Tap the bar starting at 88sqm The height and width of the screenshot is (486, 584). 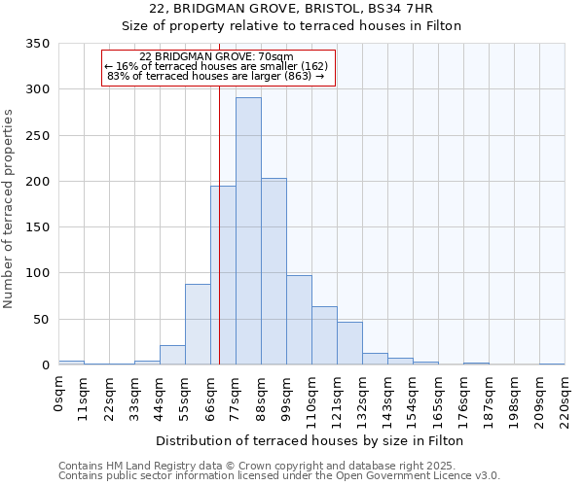[x=274, y=271]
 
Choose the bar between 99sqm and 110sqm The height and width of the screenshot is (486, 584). [x=299, y=320]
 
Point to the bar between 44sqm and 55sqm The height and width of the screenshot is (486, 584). [x=172, y=355]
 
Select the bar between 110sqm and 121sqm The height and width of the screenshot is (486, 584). [x=324, y=335]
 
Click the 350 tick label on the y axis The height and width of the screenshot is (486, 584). [x=38, y=44]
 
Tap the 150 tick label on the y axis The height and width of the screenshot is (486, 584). [x=38, y=227]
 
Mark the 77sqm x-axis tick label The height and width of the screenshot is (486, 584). [x=236, y=396]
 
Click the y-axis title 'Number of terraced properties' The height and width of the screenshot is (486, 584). [x=9, y=209]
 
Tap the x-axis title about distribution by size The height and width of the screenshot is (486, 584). [x=310, y=440]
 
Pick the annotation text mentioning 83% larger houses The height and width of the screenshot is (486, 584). [x=216, y=76]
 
